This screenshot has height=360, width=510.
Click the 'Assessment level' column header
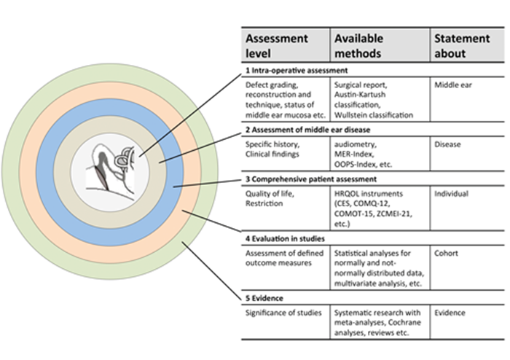pos(276,45)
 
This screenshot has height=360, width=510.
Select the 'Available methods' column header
pos(358,45)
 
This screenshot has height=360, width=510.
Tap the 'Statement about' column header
pos(462,45)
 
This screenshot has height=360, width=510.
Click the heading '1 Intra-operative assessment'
pos(297,70)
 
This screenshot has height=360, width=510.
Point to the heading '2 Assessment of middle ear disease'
pos(307,130)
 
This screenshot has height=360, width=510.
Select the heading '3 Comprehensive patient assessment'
pos(311,179)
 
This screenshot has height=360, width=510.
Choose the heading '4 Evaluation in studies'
pos(285,239)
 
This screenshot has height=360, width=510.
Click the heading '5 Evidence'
pos(264,298)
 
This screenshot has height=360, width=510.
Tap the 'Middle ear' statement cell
pos(452,85)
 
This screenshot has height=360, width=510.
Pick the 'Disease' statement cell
pos(447,144)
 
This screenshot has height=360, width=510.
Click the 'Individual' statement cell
pos(451,194)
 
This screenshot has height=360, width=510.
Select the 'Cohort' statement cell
pos(446,254)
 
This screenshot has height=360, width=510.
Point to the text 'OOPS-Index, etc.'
pos(363,165)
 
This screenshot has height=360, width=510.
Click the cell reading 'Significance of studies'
pos(283,313)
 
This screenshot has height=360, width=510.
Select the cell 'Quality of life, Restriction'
pos(270,199)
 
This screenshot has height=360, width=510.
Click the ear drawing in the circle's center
pos(111,171)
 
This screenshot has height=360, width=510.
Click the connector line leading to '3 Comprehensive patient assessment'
pos(207,183)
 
